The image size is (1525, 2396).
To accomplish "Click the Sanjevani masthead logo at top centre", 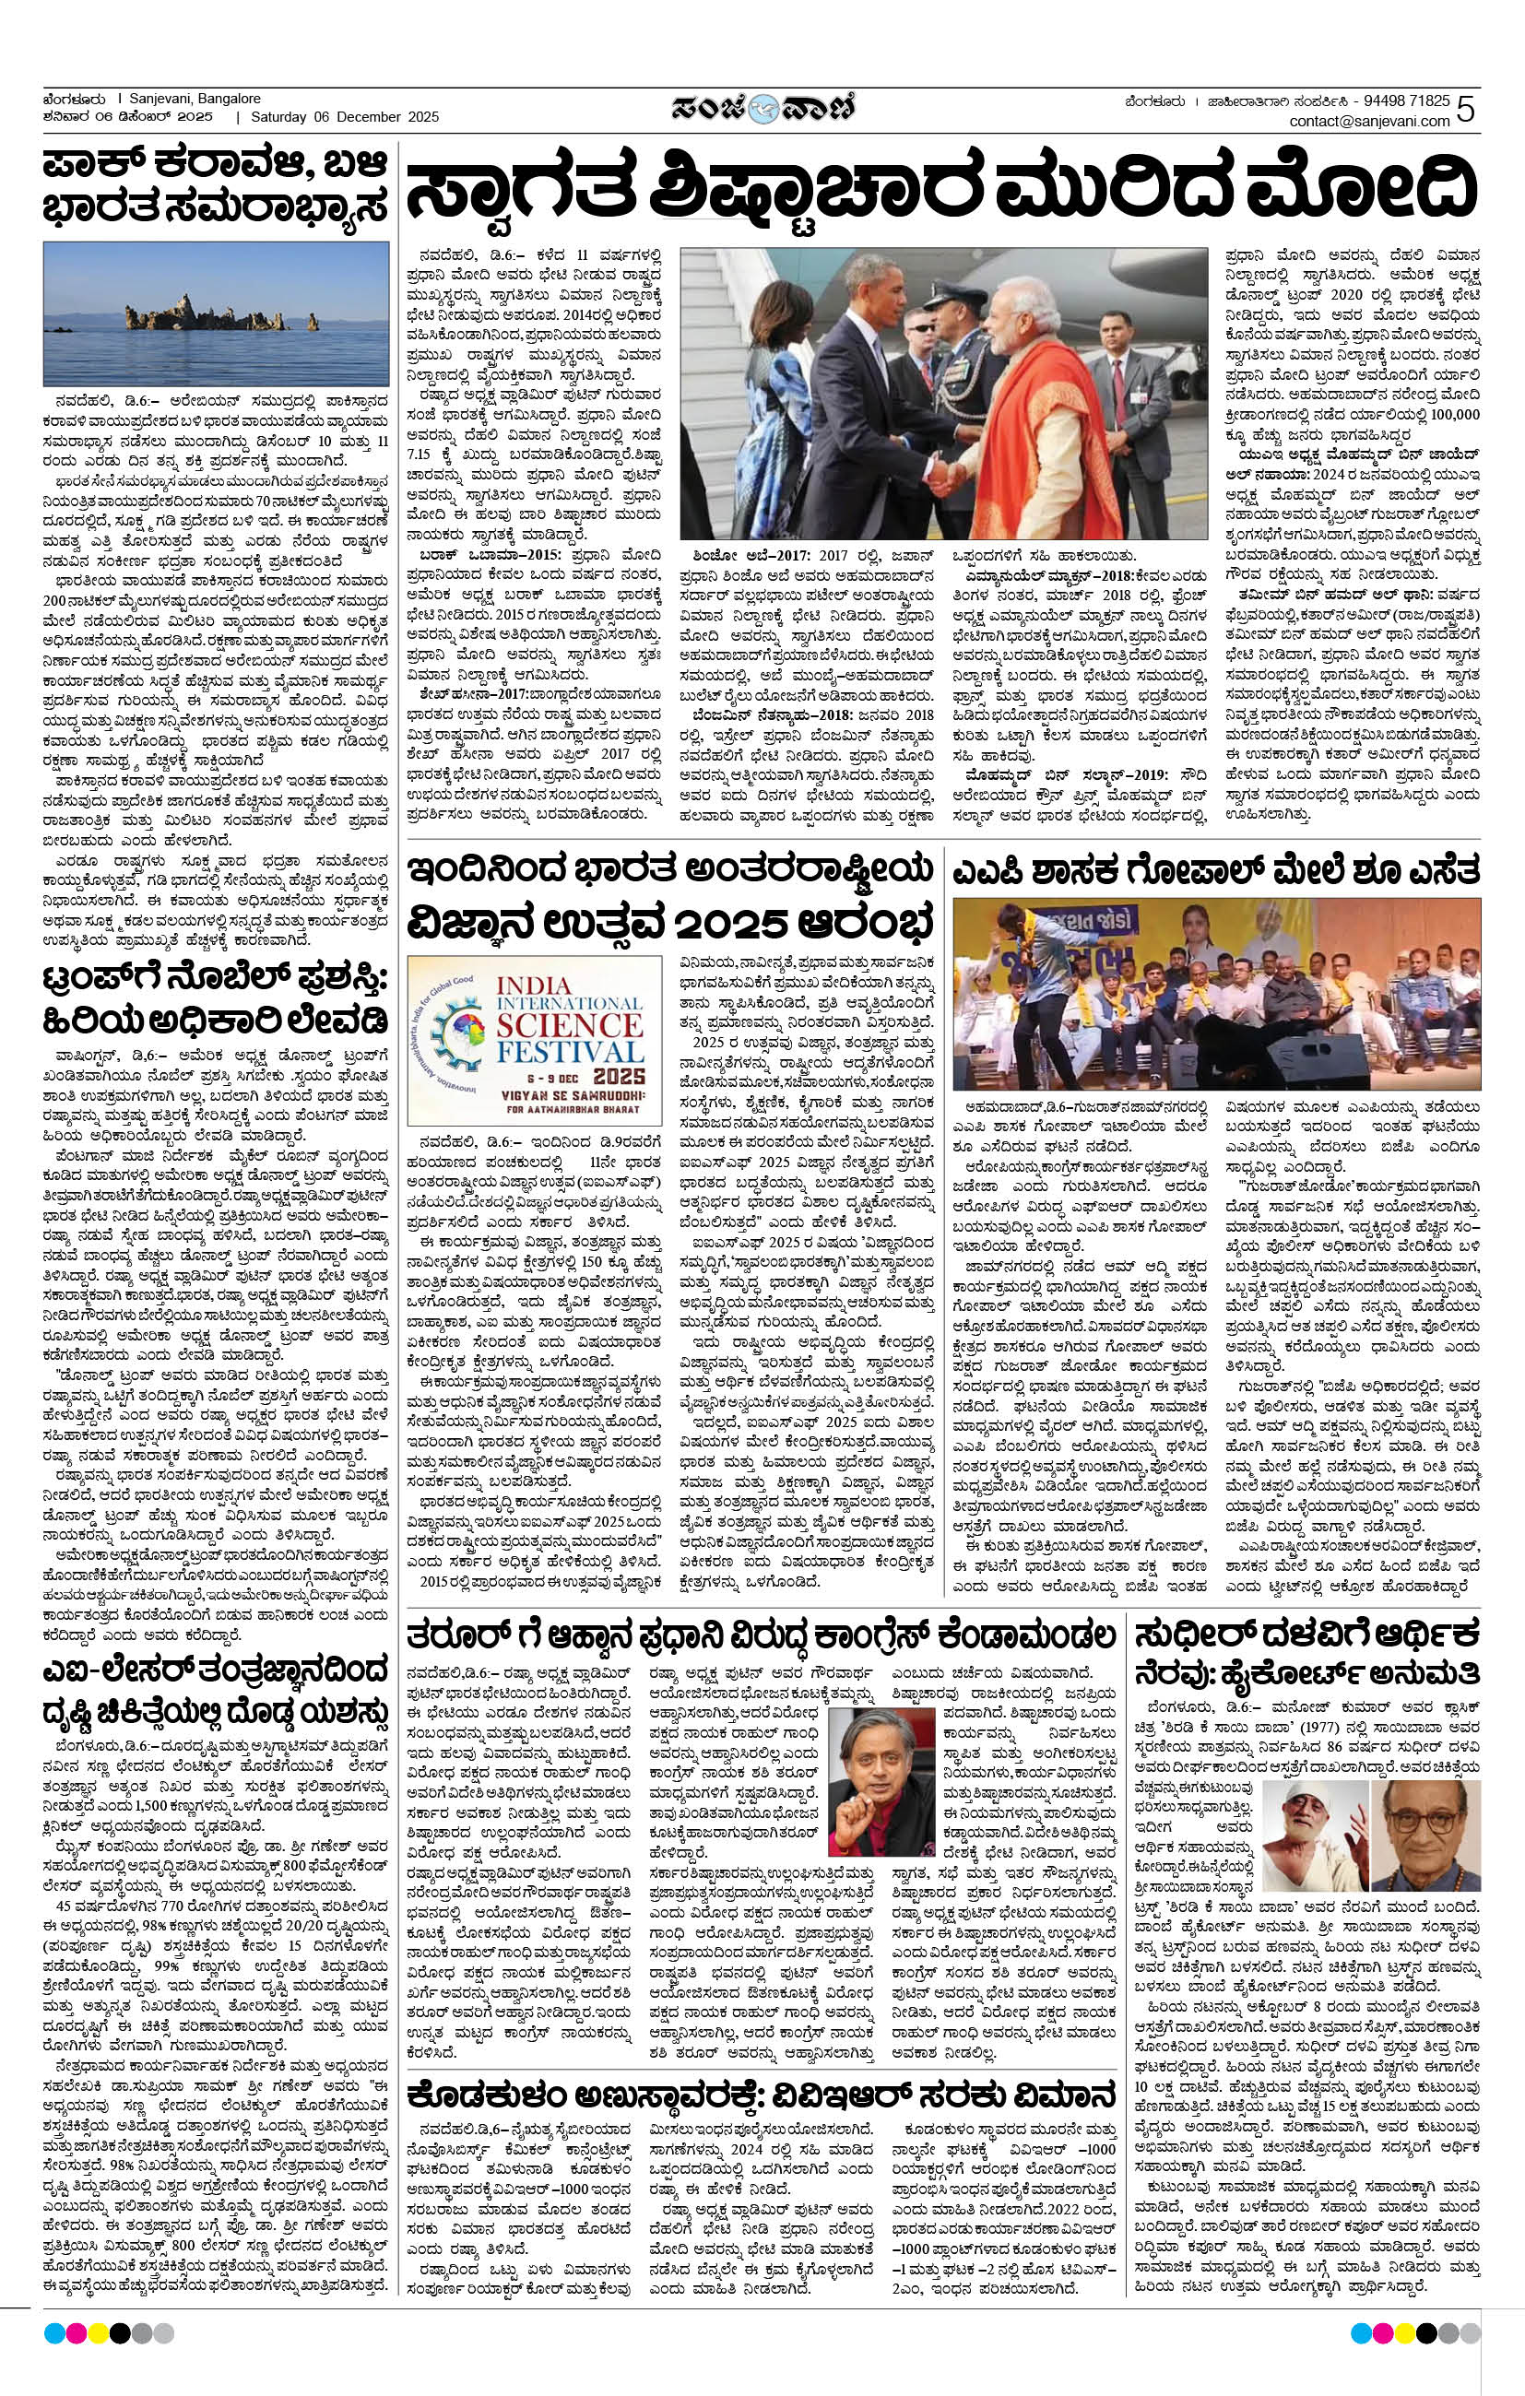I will point(762,105).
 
